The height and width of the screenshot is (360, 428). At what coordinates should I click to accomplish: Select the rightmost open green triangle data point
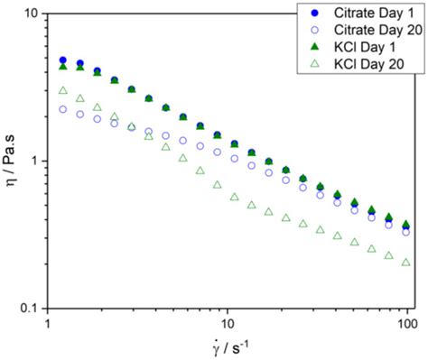[406, 263]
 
